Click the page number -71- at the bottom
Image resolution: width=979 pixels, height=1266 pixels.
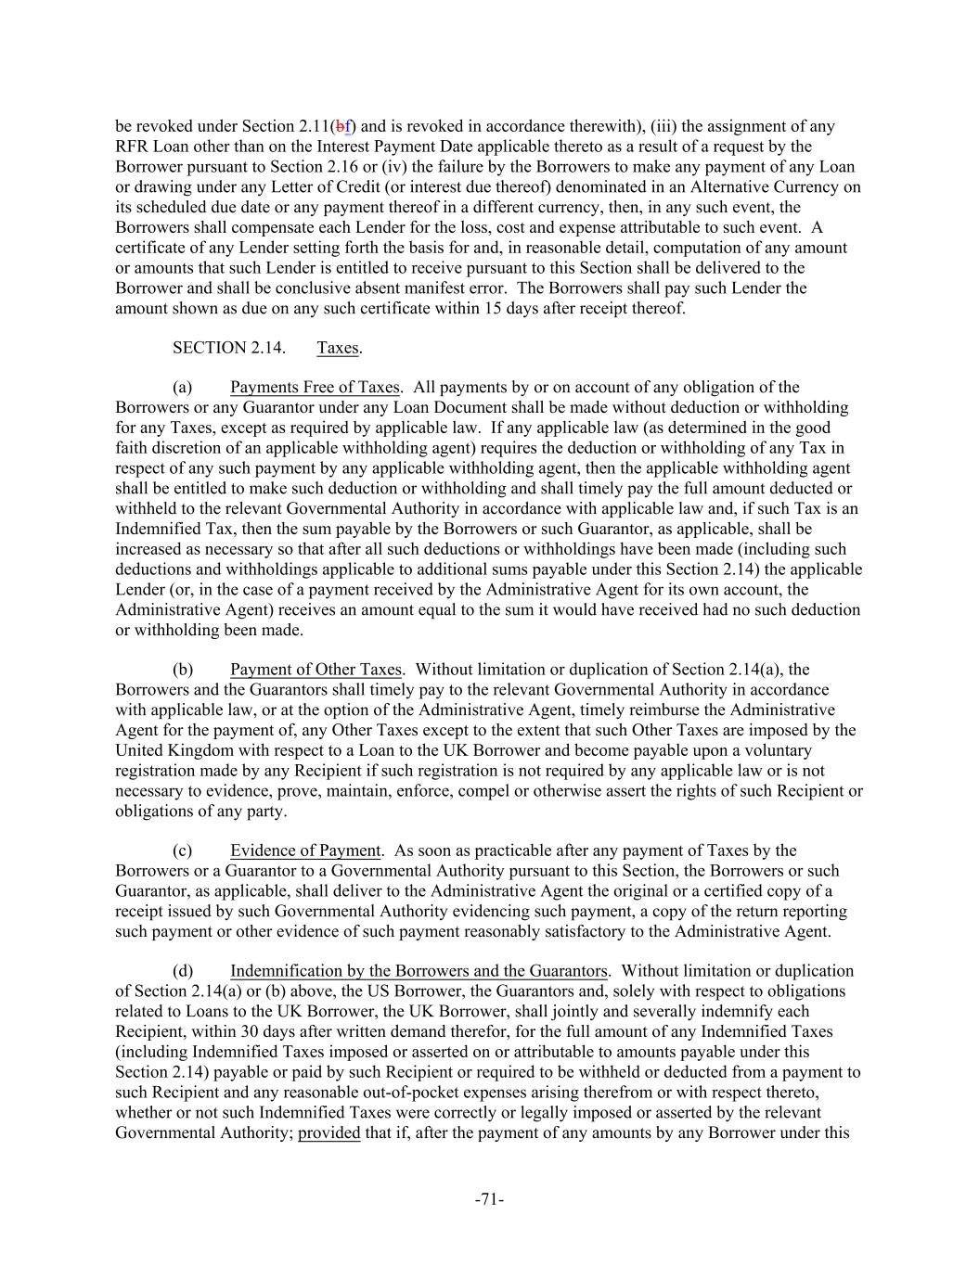[489, 1200]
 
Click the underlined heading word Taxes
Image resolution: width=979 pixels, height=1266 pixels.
[338, 348]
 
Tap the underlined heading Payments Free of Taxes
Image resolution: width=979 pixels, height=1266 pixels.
[316, 388]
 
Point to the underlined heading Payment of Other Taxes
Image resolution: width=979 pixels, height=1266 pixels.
[316, 670]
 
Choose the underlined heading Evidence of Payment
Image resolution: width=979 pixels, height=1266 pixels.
[305, 850]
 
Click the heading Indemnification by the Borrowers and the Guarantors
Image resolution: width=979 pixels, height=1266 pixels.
[419, 971]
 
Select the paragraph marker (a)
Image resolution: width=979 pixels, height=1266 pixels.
[183, 388]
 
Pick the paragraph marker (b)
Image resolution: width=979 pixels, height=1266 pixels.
[183, 670]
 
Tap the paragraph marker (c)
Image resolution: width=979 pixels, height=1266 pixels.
[183, 850]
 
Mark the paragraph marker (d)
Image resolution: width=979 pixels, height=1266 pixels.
[183, 971]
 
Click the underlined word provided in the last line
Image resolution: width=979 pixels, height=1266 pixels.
[328, 1132]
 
